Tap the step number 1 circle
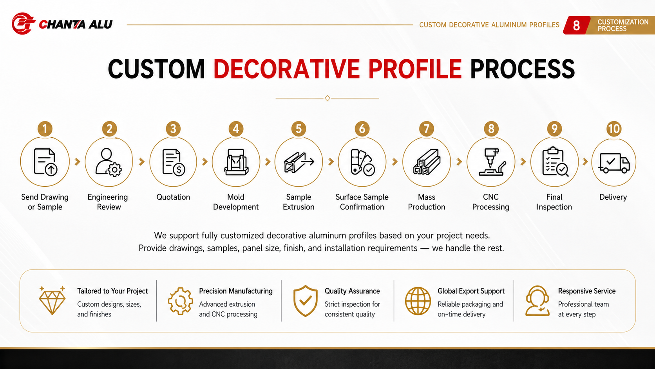[x=45, y=129]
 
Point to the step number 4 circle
[x=236, y=129]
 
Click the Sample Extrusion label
[x=299, y=202]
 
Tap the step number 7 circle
[x=426, y=129]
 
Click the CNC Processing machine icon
[x=492, y=162]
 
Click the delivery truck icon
[x=613, y=163]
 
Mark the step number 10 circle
[x=614, y=129]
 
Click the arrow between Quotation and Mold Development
[x=204, y=162]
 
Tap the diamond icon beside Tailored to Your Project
[x=52, y=300]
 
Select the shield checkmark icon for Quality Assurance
[x=305, y=301]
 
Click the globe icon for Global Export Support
[x=418, y=301]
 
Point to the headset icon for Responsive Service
[x=537, y=301]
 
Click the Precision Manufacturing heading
[x=236, y=291]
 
